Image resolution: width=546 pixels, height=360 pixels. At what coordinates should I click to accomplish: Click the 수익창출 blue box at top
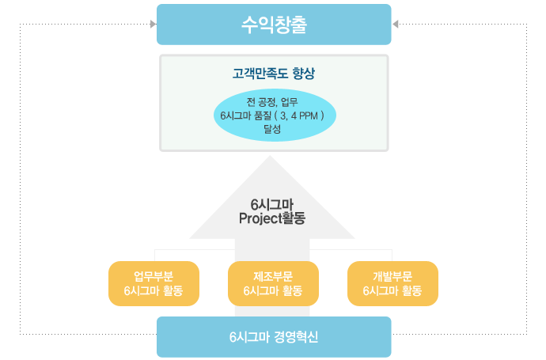274,25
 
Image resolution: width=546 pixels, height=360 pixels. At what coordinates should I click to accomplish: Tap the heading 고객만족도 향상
274,74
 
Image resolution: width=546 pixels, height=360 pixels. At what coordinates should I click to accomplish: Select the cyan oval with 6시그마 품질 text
275,116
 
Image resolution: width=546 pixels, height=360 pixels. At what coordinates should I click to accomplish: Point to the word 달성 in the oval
272,129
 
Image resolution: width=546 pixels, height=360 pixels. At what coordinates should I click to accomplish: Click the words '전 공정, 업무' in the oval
272,102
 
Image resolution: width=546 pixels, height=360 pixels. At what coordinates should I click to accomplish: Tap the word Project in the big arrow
260,218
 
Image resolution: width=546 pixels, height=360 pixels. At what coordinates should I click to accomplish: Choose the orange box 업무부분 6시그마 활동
154,283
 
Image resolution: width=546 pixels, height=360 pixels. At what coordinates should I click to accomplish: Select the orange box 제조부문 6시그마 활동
273,283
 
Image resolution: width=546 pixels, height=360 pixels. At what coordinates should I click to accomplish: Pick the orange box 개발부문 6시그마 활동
392,283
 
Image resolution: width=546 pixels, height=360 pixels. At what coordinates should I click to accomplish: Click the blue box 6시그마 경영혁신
274,337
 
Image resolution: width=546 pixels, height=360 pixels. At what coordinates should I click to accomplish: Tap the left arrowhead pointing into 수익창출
154,24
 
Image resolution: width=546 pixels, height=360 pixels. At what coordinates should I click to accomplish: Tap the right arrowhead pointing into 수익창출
395,24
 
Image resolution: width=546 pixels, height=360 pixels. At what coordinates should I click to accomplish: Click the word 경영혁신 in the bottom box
296,337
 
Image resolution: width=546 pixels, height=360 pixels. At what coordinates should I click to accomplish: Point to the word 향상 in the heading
304,74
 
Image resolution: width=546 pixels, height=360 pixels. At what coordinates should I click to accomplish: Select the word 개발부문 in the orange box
392,276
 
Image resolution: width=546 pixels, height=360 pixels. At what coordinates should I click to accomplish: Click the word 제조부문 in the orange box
273,276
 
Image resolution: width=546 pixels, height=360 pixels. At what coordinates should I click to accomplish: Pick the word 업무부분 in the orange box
154,276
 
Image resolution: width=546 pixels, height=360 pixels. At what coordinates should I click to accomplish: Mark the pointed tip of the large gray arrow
270,156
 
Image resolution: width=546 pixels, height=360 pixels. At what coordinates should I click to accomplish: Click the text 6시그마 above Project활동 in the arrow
272,204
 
